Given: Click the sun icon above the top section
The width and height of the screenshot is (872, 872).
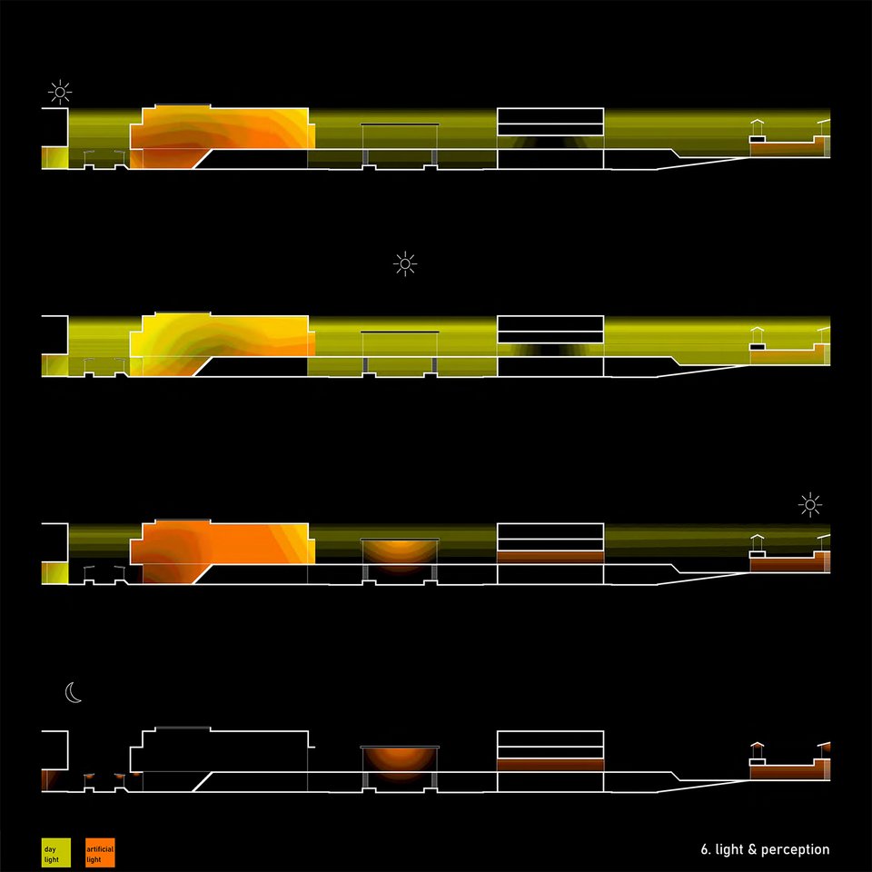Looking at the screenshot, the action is click(60, 93).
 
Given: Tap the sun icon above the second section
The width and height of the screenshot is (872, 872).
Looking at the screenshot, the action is click(405, 263).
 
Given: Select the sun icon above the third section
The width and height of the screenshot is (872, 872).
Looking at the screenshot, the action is click(809, 505).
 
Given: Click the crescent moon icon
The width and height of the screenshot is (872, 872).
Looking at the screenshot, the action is click(73, 692).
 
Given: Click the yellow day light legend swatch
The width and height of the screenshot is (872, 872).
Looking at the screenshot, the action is click(56, 853).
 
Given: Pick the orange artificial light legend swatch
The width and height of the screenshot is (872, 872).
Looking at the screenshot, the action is click(100, 853).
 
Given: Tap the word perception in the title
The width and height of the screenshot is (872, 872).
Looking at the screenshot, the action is click(795, 850).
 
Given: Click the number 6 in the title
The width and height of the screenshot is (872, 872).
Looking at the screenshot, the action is click(705, 849).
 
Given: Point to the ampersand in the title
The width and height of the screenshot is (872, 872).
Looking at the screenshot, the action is click(752, 849).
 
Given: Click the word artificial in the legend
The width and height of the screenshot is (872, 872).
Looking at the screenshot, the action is click(100, 849).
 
